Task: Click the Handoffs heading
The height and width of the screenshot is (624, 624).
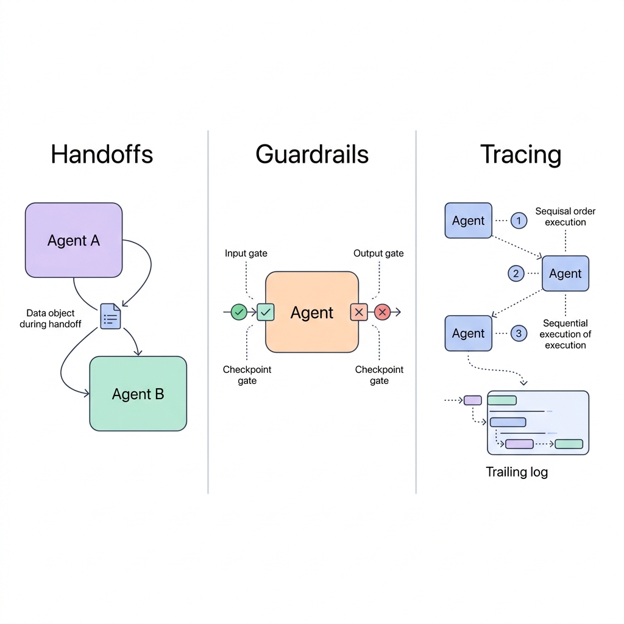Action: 102,154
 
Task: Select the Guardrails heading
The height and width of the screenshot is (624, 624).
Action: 312,154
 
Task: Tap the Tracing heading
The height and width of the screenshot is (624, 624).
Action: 520,154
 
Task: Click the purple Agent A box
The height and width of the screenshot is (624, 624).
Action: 74,240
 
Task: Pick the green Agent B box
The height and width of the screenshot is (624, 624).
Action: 138,394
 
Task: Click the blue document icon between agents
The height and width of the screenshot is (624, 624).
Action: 111,316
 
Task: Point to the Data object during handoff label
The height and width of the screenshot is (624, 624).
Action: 50,319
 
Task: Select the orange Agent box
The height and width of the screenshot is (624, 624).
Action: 312,312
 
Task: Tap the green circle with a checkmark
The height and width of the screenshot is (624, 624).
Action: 239,312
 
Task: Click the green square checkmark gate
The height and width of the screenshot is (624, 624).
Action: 266,312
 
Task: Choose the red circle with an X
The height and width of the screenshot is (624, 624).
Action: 382,312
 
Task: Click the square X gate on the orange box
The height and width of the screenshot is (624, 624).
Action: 359,312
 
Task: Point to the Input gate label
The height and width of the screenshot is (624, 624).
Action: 246,253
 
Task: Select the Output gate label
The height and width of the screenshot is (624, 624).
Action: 378,253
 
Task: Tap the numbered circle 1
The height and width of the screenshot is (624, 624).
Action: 519,221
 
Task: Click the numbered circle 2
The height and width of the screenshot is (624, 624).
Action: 516,274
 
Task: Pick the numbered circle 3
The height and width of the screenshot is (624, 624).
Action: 519,333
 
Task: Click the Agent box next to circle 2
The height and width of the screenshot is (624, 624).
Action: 565,274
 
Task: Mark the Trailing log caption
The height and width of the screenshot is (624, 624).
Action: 517,472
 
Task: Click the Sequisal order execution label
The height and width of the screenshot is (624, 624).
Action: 565,216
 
